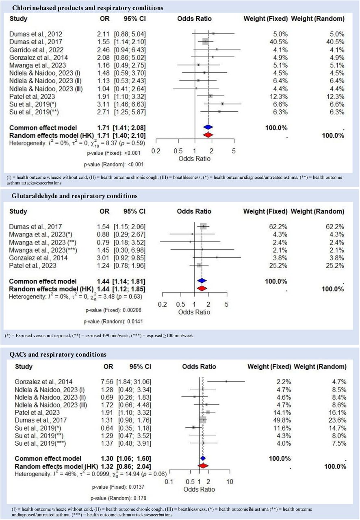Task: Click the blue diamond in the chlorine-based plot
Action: [x=208, y=127]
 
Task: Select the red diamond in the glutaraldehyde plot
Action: [x=202, y=288]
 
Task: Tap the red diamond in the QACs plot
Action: [x=203, y=466]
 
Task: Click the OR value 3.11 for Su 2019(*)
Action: [x=103, y=104]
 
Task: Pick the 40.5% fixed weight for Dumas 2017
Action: [x=280, y=42]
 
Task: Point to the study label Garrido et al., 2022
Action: [x=36, y=50]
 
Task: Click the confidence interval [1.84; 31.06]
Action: [x=134, y=382]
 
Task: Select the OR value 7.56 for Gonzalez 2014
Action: [x=107, y=382]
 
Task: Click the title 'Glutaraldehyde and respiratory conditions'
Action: [x=74, y=196]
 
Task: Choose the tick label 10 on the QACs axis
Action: [x=230, y=482]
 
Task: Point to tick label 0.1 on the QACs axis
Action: [x=169, y=482]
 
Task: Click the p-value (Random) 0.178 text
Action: [x=119, y=498]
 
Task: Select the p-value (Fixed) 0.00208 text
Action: [x=113, y=310]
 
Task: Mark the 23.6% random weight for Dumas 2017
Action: [x=339, y=420]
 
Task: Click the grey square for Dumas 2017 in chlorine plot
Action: [x=206, y=41]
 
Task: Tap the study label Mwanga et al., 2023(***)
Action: [x=43, y=250]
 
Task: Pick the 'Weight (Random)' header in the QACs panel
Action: [x=320, y=366]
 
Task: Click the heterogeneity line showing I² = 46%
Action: [x=91, y=474]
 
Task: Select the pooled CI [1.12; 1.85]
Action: [x=129, y=289]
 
